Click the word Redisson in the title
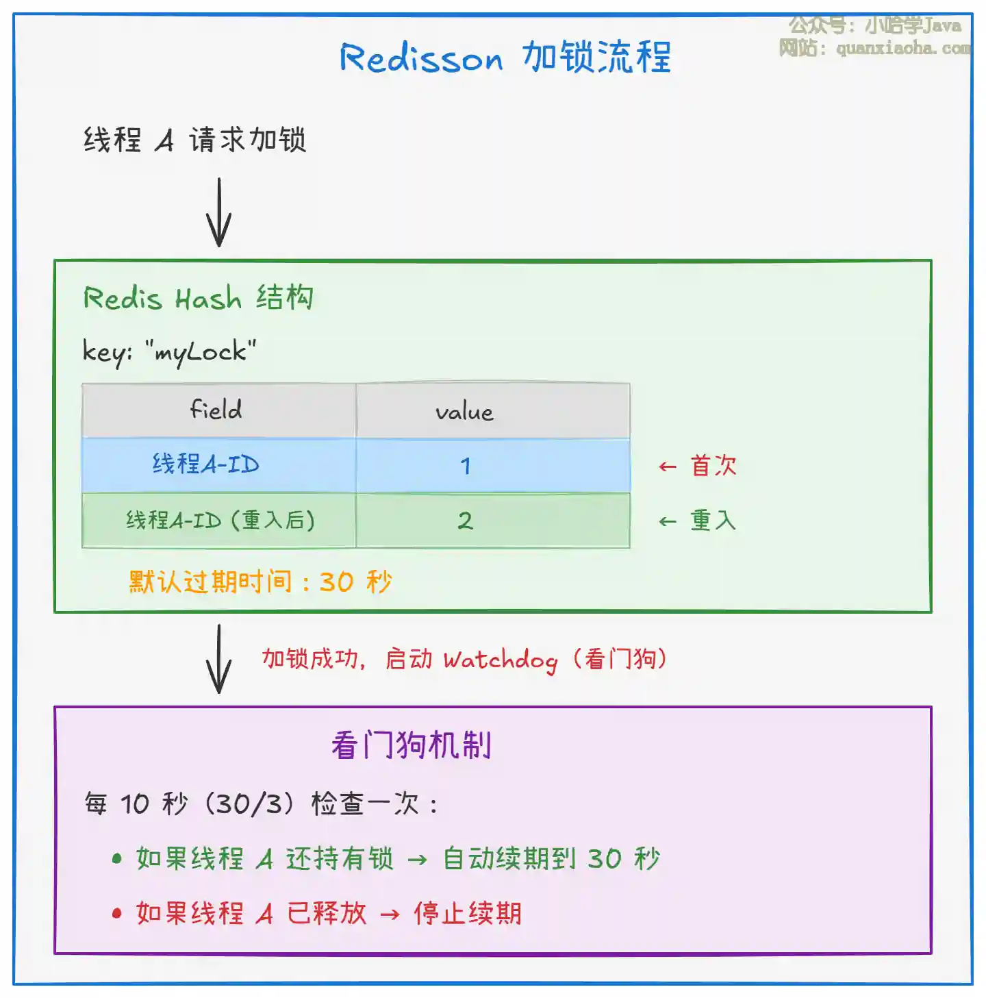coord(421,58)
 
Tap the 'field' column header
coord(216,410)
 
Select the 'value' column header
coord(464,412)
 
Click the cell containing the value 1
coord(466,466)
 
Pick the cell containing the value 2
coord(466,521)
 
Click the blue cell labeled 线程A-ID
coord(205,465)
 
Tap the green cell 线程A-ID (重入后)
coord(220,521)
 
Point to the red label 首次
coord(713,466)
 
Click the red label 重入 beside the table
coord(713,521)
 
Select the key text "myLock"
coord(200,351)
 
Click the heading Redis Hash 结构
coord(198,299)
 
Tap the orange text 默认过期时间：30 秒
coord(260,582)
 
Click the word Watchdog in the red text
coord(500,660)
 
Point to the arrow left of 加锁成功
coord(219,659)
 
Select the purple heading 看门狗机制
coord(411,745)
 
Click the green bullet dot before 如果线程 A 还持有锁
coord(117,858)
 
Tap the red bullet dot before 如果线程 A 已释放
coord(117,913)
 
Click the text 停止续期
coord(468,913)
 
